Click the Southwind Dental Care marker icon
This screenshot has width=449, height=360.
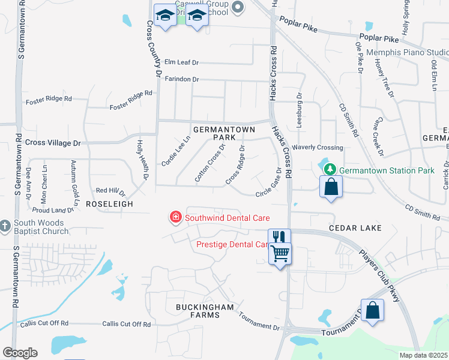(176, 217)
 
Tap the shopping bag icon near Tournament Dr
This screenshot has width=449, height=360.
(372, 310)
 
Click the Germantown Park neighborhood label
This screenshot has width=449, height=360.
(224, 133)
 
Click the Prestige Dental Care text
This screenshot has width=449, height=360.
(232, 244)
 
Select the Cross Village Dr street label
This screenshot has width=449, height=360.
(53, 143)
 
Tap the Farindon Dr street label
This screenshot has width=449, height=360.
(181, 79)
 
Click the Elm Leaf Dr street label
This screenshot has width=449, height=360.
(181, 62)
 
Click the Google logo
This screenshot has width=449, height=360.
(20, 352)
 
